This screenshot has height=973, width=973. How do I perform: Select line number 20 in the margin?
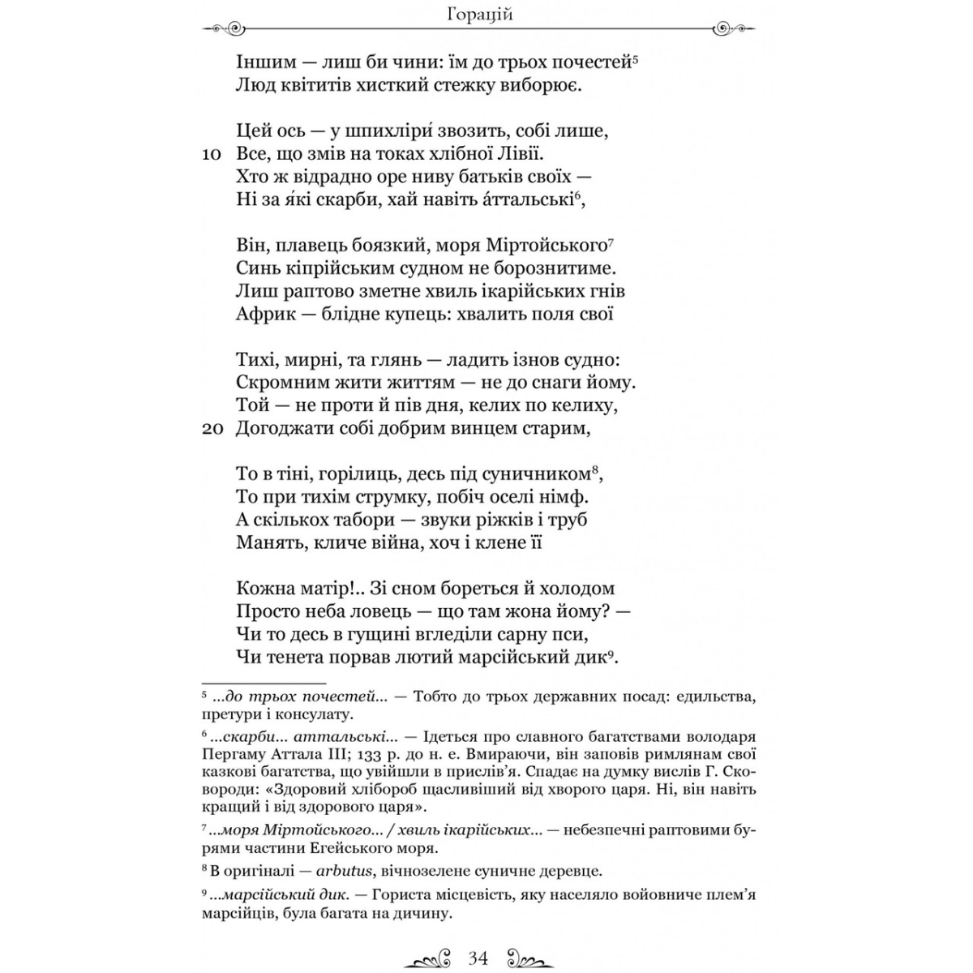[212, 430]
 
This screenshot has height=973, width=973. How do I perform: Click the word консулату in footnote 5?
[321, 715]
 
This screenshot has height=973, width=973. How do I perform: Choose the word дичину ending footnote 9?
[420, 914]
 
